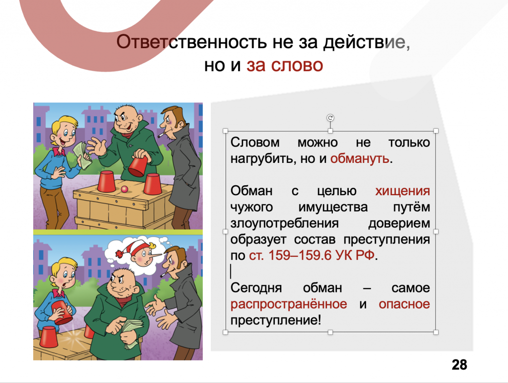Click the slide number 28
pyautogui.click(x=459, y=365)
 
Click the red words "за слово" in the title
pyautogui.click(x=285, y=65)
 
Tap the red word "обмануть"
pyautogui.click(x=360, y=158)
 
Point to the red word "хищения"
pyautogui.click(x=402, y=191)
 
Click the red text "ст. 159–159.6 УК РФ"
pyautogui.click(x=312, y=255)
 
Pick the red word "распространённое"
pyautogui.click(x=289, y=304)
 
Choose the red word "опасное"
pyautogui.click(x=404, y=304)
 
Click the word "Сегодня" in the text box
pyautogui.click(x=256, y=288)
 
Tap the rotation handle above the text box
pyautogui.click(x=330, y=118)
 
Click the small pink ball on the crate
pyautogui.click(x=125, y=189)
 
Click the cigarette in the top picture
pyautogui.click(x=161, y=134)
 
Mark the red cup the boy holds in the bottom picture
pyautogui.click(x=63, y=312)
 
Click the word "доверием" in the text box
pyautogui.click(x=399, y=224)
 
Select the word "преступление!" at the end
pyautogui.click(x=276, y=320)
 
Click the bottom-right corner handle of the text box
pyautogui.click(x=436, y=332)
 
